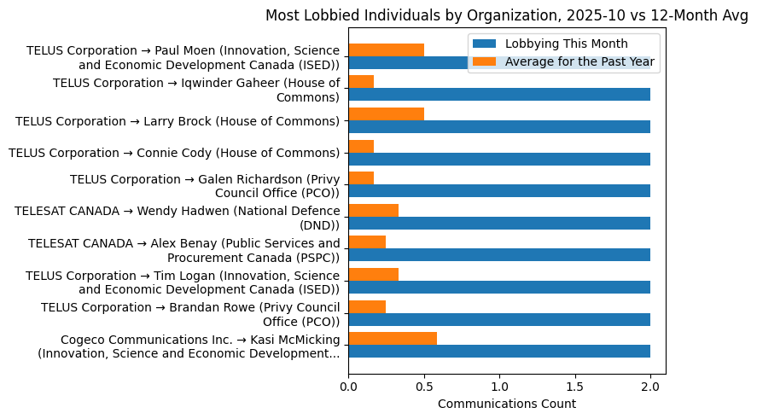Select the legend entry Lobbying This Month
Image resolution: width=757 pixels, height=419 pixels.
[566, 44]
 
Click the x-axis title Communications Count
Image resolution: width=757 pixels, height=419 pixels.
[507, 404]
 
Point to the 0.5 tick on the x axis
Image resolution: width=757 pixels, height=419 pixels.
[424, 387]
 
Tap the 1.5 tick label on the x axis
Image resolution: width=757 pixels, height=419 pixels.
[575, 387]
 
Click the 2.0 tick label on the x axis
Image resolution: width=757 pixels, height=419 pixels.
[650, 387]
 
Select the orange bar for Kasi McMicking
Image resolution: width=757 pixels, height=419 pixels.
[393, 338]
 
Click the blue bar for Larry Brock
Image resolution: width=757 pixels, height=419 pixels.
[499, 126]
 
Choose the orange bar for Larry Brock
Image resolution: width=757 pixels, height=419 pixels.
[386, 113]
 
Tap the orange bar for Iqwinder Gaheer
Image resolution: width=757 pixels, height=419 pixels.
[361, 82]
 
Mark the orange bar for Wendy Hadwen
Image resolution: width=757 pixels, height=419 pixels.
[373, 210]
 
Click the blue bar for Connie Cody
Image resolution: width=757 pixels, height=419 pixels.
[499, 159]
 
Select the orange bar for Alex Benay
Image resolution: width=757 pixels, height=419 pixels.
[367, 242]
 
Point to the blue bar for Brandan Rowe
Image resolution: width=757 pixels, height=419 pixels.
[499, 319]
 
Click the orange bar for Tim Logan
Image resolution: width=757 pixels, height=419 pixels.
[373, 274]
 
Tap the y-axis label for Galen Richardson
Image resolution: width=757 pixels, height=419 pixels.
[205, 185]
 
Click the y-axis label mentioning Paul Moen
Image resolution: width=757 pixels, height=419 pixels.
[183, 57]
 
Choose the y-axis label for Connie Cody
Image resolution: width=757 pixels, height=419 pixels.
[174, 153]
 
